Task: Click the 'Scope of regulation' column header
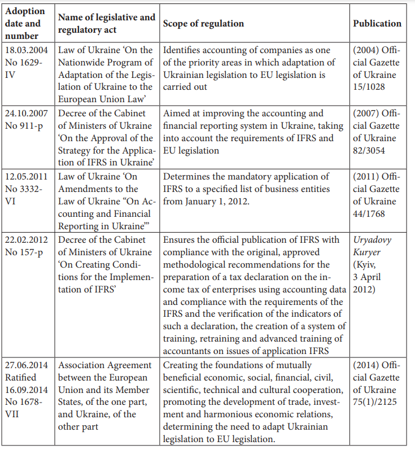click(x=203, y=24)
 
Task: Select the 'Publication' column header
click(x=377, y=24)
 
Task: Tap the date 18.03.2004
click(x=27, y=50)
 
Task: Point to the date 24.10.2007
click(x=27, y=113)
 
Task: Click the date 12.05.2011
click(x=27, y=177)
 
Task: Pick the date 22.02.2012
click(x=27, y=240)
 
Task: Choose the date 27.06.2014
click(x=27, y=365)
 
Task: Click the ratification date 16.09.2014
click(x=27, y=390)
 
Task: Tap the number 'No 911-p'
click(x=24, y=125)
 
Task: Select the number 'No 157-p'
click(x=24, y=252)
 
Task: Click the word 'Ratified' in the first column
click(x=20, y=377)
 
